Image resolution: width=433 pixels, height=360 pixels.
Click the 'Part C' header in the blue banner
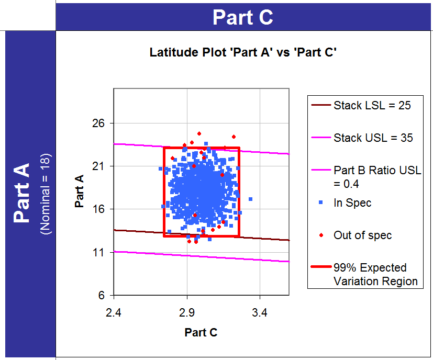[243, 17]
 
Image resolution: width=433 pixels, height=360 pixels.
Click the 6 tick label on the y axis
[102, 295]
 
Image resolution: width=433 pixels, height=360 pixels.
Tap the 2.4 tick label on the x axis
[114, 313]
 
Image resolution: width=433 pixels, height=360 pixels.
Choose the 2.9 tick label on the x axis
[187, 313]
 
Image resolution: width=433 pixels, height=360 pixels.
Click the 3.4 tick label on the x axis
[260, 313]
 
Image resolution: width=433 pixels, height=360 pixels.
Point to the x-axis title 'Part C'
[201, 332]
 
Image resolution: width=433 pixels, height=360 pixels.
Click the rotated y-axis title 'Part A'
[80, 192]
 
